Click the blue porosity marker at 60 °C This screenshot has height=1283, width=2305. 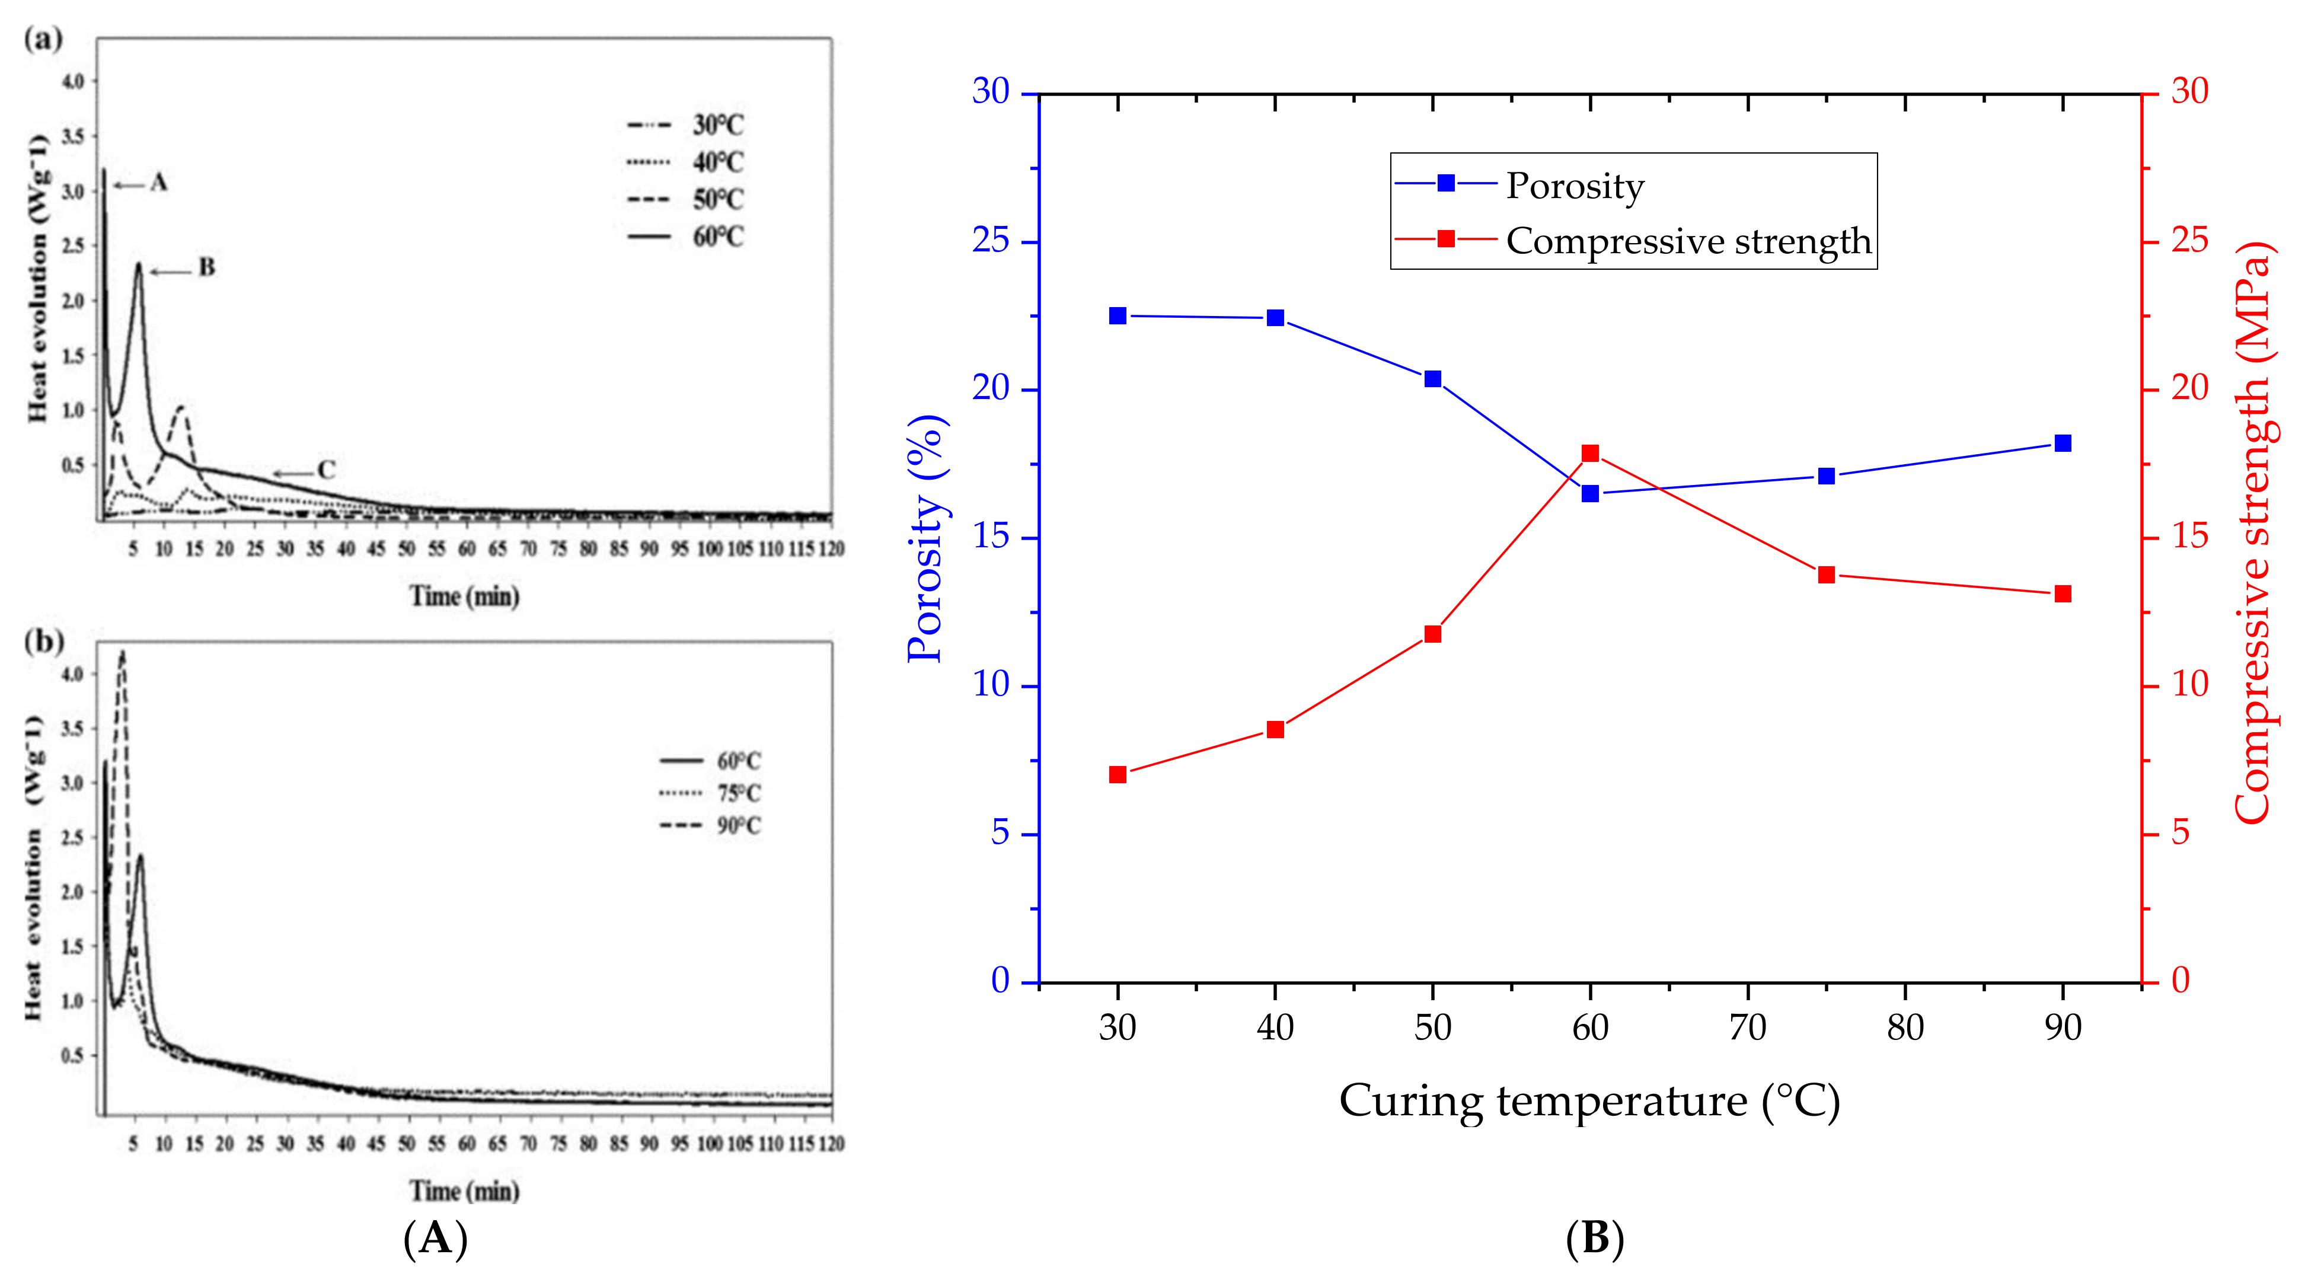[1590, 493]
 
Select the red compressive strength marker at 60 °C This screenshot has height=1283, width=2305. [1590, 453]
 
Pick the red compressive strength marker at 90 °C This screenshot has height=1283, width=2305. [2063, 594]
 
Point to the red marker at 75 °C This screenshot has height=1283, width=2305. [1827, 575]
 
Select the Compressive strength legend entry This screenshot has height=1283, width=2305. [1688, 241]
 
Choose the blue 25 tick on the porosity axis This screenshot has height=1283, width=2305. [991, 241]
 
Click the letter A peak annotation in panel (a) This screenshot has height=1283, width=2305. [158, 183]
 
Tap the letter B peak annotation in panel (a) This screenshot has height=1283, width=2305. [207, 267]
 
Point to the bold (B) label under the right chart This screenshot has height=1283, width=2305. [1595, 1239]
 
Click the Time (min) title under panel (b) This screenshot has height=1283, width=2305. [464, 1191]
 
